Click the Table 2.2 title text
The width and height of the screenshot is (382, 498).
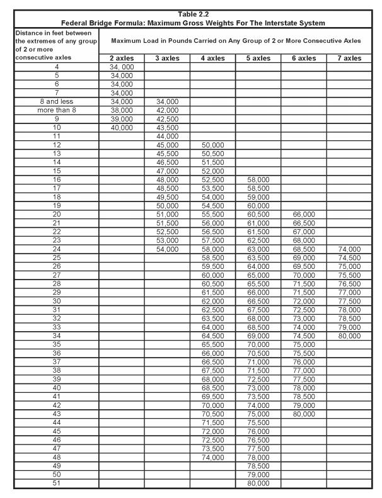pos(190,14)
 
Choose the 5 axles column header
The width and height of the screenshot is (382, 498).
pos(258,58)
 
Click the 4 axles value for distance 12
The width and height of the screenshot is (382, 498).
pos(213,144)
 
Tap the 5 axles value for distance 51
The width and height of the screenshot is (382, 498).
pos(258,484)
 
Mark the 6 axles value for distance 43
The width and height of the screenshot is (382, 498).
pos(304,414)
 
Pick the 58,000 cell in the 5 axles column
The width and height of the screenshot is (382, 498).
pos(258,179)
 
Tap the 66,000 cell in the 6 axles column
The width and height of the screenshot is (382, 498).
pos(304,214)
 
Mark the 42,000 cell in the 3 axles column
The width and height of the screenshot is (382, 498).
pos(168,110)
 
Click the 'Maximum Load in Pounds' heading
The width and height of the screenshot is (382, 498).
pos(236,40)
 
